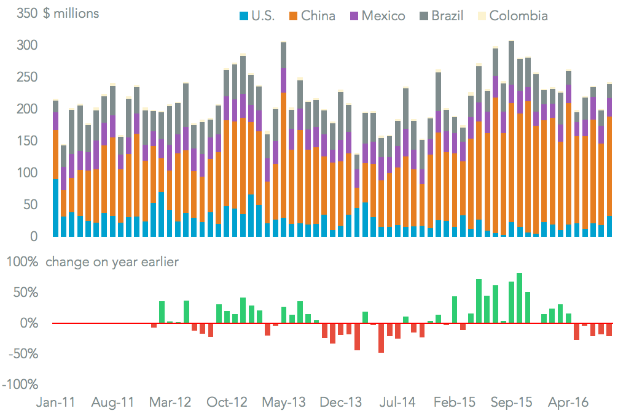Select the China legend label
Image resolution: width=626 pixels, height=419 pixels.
[318, 15]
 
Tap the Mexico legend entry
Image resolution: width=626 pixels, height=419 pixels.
[383, 15]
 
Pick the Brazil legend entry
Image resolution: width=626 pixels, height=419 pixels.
[447, 15]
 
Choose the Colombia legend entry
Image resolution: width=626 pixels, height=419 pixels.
[518, 15]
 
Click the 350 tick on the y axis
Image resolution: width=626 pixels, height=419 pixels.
[26, 13]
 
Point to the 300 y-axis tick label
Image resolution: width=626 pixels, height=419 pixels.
[26, 45]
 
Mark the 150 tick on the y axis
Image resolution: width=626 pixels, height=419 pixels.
[26, 141]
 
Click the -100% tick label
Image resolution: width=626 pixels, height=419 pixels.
[22, 385]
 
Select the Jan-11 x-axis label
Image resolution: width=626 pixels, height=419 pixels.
[56, 403]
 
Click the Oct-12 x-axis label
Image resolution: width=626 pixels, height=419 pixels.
[228, 403]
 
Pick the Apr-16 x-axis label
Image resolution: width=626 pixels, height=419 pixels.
[569, 403]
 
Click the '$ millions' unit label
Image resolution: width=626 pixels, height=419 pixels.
[71, 13]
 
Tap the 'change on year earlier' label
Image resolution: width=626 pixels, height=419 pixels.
[112, 263]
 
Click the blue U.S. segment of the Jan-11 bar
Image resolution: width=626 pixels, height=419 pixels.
[56, 207]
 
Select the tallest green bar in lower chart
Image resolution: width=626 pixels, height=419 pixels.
[519, 298]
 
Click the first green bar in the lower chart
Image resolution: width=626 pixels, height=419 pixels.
[162, 312]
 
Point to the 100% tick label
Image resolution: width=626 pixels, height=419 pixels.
[22, 263]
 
